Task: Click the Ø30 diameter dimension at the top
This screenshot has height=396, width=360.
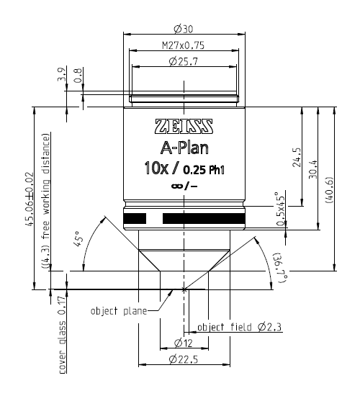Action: (x=184, y=29)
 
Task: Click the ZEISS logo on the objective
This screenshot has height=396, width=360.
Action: (x=184, y=127)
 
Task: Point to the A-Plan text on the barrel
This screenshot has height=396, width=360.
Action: (x=184, y=150)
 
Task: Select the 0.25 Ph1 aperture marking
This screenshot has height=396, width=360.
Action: (x=204, y=171)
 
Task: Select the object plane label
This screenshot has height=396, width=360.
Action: (x=117, y=311)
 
